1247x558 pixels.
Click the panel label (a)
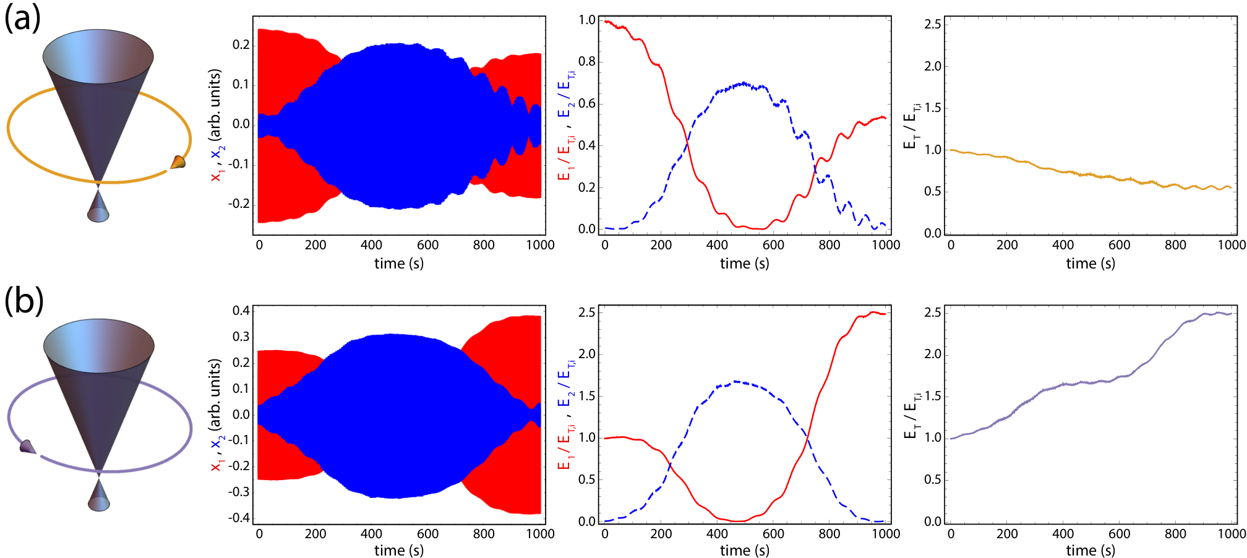tap(23, 19)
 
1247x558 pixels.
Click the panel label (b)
tap(24, 301)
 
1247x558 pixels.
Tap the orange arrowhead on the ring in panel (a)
tap(178, 162)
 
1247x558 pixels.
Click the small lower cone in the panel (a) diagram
tap(98, 206)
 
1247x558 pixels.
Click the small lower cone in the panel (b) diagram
tap(98, 495)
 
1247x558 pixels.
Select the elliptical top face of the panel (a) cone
tap(98, 56)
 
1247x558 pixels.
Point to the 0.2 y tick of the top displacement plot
tap(241, 45)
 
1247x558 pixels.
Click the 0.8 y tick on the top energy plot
tap(587, 61)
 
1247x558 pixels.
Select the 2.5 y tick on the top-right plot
tap(933, 24)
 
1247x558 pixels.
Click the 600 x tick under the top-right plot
tap(1119, 245)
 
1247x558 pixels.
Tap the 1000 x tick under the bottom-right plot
tap(1232, 533)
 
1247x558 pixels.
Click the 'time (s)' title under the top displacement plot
tap(399, 264)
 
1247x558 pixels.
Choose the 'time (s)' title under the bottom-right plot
tap(1091, 550)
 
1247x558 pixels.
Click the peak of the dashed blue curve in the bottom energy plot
tap(735, 381)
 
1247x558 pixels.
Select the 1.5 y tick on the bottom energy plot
tap(587, 396)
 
